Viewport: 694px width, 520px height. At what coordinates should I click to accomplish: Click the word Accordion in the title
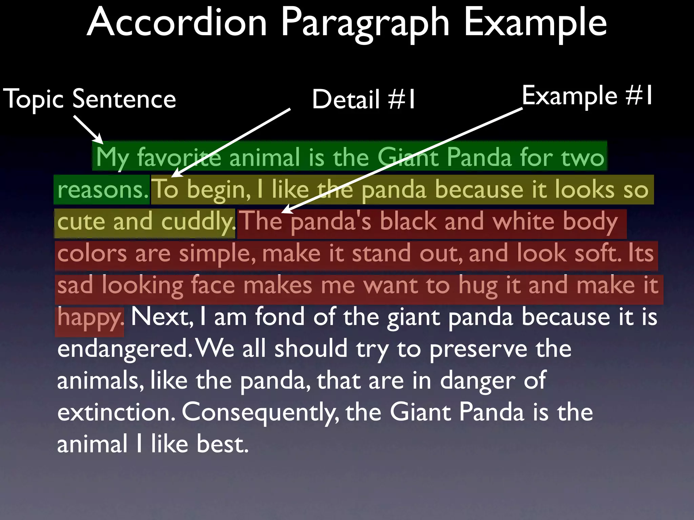[177, 23]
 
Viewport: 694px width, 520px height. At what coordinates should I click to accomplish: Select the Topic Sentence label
[89, 99]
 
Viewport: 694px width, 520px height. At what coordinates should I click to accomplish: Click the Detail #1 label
[363, 100]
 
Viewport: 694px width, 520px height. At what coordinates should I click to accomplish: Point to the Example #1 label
[587, 96]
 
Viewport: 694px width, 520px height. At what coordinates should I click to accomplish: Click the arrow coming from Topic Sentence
[88, 129]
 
